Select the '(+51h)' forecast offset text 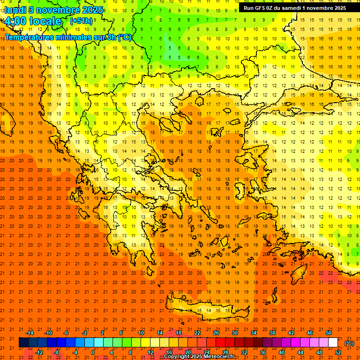click(81, 21)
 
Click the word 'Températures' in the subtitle click(29, 37)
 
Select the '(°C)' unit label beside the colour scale click(349, 343)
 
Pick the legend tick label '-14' click(30, 333)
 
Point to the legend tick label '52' click(338, 352)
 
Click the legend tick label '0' click(93, 352)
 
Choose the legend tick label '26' click(216, 333)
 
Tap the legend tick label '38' click(272, 333)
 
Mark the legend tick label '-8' click(57, 352)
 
